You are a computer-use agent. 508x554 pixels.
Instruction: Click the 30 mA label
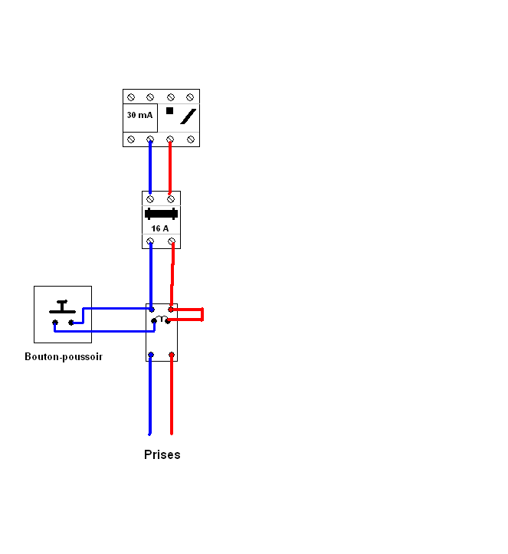click(140, 115)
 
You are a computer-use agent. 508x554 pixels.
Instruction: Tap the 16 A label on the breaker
click(160, 228)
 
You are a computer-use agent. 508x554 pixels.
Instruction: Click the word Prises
click(162, 454)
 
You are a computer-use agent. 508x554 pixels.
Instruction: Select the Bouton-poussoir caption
click(64, 357)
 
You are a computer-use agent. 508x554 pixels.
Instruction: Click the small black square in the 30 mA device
click(169, 110)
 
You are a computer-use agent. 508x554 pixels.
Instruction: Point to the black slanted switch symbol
click(188, 116)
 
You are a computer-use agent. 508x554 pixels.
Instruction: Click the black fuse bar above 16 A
click(161, 214)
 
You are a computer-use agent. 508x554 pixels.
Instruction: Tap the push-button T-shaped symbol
click(62, 307)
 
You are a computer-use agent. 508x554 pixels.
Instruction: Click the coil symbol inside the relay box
click(162, 318)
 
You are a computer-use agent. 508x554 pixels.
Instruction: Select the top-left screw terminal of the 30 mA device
click(131, 97)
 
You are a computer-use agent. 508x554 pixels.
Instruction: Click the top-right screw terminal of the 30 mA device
click(190, 97)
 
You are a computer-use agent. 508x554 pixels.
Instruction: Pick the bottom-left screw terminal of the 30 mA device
click(131, 139)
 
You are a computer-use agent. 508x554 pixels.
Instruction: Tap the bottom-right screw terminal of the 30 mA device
click(191, 139)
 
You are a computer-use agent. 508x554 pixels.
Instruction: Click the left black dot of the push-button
click(55, 323)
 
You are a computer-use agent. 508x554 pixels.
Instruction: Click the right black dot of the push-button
click(71, 323)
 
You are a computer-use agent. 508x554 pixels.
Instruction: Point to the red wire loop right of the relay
click(202, 314)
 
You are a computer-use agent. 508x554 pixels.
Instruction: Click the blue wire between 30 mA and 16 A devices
click(150, 167)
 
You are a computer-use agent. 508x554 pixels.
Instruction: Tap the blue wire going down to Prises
click(150, 394)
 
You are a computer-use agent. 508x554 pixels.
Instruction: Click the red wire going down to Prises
click(172, 394)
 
